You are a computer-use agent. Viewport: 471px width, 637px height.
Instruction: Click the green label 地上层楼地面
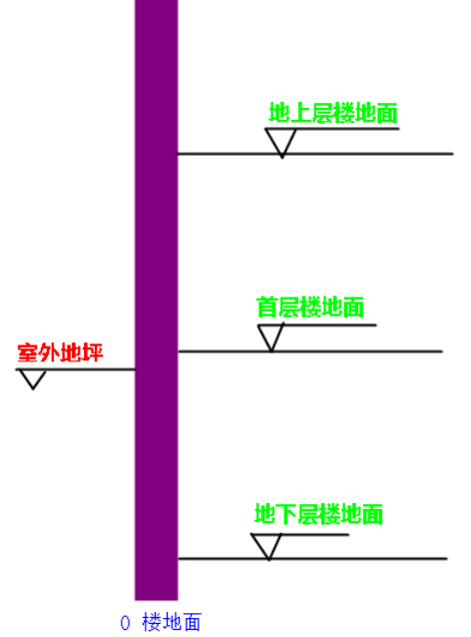click(333, 113)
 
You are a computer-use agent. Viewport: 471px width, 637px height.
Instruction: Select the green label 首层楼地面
click(309, 308)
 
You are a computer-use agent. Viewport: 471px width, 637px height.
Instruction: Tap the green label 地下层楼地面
click(318, 514)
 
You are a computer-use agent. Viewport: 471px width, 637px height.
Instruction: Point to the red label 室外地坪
click(60, 352)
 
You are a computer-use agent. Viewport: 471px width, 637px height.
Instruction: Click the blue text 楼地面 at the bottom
click(172, 622)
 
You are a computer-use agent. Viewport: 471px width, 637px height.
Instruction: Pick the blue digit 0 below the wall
click(125, 623)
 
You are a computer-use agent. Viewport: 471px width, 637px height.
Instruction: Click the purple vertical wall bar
click(157, 300)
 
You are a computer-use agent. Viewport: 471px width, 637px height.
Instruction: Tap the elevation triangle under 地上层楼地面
click(281, 142)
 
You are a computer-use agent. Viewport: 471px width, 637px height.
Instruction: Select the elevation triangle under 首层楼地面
click(270, 338)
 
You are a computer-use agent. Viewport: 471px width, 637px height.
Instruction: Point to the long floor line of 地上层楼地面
click(314, 154)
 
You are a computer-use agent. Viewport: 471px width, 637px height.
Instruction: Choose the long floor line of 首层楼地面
click(310, 351)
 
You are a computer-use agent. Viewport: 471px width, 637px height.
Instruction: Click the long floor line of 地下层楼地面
click(312, 559)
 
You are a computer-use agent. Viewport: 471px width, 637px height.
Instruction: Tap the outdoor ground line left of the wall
click(75, 369)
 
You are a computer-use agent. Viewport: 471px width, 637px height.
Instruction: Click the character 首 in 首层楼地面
click(267, 308)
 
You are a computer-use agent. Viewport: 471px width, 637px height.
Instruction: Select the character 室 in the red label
click(28, 352)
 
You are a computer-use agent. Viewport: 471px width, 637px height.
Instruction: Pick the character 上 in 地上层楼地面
click(301, 113)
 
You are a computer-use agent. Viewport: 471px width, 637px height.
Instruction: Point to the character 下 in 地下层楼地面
click(286, 514)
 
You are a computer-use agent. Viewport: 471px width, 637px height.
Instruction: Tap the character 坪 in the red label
click(93, 352)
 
